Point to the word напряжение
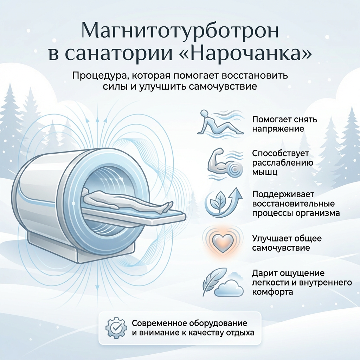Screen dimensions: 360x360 [278, 129]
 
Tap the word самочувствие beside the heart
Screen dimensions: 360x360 [281, 248]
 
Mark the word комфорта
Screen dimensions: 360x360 [272, 292]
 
